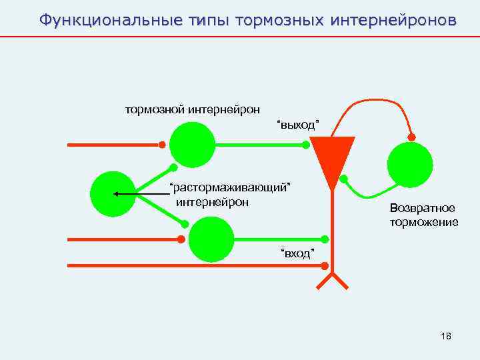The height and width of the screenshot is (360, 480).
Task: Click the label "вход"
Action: tap(297, 253)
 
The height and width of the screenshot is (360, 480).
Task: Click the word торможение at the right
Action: tap(424, 222)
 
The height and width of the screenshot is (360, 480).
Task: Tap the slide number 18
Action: tap(446, 336)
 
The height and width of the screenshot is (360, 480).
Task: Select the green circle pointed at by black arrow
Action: tap(112, 194)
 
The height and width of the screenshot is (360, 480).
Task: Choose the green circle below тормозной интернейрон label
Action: tap(192, 145)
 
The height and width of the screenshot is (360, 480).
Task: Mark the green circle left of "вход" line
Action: tap(211, 239)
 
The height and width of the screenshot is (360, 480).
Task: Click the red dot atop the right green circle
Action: tap(411, 138)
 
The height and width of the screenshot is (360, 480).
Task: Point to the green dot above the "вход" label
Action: tap(325, 239)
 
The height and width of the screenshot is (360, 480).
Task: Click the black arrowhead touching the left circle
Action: tap(116, 194)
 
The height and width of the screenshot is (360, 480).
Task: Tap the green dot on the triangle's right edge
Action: tap(345, 179)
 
